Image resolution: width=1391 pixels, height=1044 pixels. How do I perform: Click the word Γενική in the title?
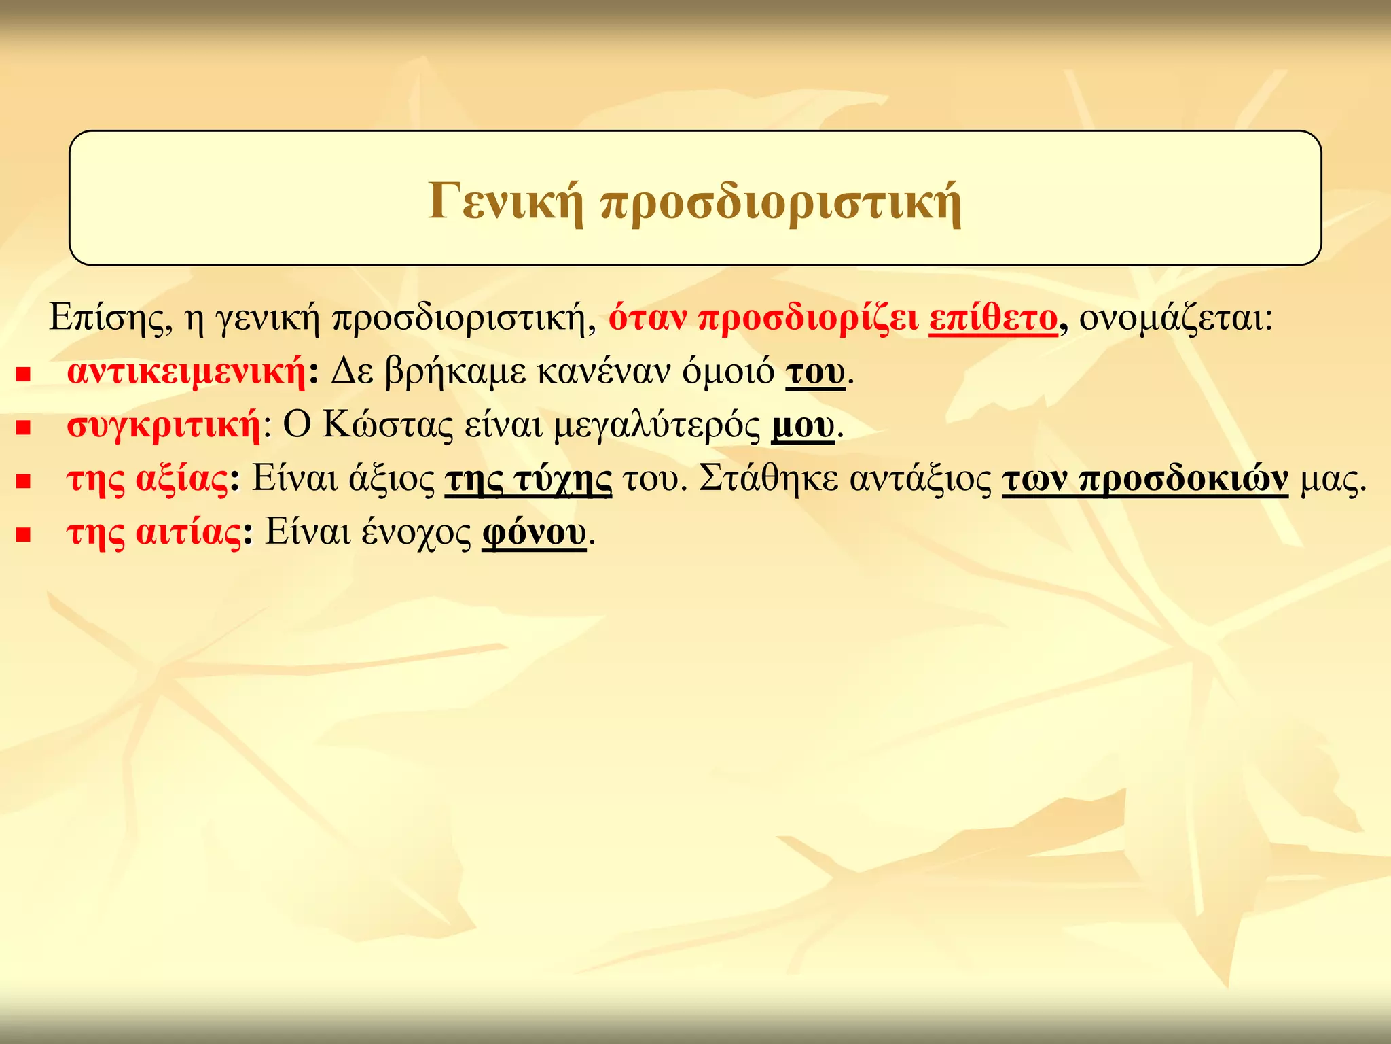click(x=505, y=201)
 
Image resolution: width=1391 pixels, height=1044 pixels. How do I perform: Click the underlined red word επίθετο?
click(x=993, y=317)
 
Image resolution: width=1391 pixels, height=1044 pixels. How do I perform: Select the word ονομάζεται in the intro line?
click(x=1175, y=317)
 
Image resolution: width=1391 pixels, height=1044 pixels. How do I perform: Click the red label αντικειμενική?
click(x=186, y=371)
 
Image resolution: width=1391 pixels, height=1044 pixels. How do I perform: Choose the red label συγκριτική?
click(x=164, y=425)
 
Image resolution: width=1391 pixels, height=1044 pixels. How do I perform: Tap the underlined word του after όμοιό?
click(x=815, y=372)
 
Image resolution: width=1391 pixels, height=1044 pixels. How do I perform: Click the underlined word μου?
click(x=803, y=426)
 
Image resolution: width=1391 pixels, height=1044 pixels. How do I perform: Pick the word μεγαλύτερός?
click(x=657, y=427)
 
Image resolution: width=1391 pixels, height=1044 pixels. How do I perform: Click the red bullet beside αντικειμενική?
click(x=24, y=374)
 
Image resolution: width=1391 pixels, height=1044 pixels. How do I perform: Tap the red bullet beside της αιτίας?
click(x=24, y=535)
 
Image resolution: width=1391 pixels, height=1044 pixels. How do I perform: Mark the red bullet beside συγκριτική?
click(x=24, y=428)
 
